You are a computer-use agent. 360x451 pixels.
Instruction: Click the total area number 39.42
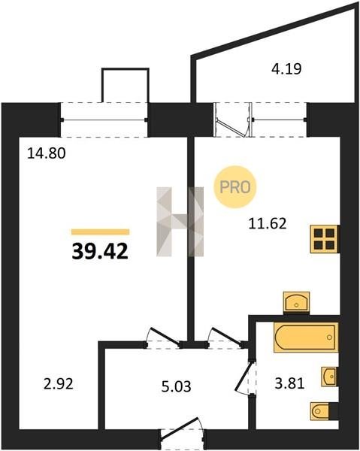click(100, 251)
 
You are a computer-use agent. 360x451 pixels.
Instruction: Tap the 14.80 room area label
click(47, 153)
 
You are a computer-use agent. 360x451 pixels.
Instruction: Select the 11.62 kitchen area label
click(268, 223)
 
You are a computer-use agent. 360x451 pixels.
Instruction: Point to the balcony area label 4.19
click(286, 68)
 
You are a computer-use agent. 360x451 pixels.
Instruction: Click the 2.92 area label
click(59, 383)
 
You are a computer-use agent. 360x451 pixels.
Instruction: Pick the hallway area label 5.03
click(177, 386)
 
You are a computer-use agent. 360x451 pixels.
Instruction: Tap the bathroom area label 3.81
click(289, 383)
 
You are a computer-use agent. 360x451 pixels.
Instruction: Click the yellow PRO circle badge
click(235, 187)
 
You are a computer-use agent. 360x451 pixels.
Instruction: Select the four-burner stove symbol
click(325, 239)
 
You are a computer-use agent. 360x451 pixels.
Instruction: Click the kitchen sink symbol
click(296, 302)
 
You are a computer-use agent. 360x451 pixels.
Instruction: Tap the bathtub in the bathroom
click(306, 337)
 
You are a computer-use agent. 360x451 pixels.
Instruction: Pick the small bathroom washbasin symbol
click(329, 377)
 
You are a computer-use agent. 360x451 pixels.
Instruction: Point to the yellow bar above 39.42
click(101, 232)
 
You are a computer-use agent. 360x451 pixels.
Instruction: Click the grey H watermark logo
click(180, 222)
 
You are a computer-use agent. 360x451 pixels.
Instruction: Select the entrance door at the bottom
click(182, 434)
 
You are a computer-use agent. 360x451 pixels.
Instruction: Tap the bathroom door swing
click(245, 377)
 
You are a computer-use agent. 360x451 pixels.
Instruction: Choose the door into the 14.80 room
click(163, 337)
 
